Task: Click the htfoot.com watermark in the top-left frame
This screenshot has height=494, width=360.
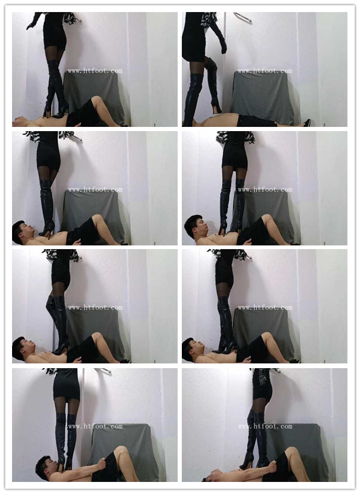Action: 95,71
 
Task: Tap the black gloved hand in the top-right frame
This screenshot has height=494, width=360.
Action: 223,46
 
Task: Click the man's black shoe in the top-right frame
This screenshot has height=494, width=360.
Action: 307,123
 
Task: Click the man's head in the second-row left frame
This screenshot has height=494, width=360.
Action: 21,231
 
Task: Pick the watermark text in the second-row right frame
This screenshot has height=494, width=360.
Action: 265,190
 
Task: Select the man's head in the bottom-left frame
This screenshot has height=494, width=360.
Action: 46,467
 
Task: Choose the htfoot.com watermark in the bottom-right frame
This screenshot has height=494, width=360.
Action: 265,426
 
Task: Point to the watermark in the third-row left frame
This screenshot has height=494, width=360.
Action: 95,307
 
